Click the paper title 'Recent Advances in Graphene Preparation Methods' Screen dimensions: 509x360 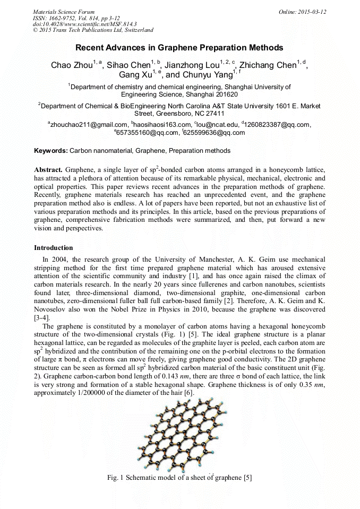coord(179,48)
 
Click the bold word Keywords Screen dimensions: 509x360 coord(51,151)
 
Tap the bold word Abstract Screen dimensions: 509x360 coord(48,169)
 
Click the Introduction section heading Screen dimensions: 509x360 coord(54,248)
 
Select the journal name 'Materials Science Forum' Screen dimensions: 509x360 coord(64,12)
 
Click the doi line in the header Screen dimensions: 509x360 coord(85,24)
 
